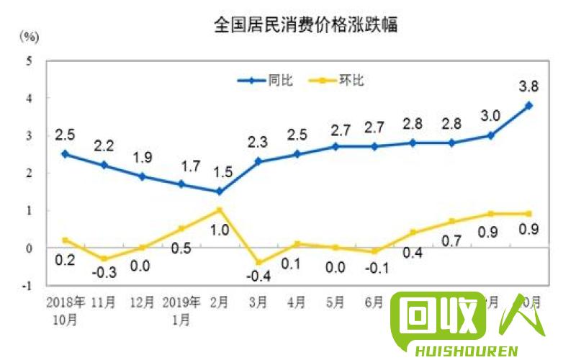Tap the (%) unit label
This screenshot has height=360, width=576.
coord(30,35)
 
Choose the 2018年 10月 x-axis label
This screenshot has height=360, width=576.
coord(65,307)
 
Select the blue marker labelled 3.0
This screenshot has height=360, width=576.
coord(490,135)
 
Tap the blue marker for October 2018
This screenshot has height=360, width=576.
coord(65,153)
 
